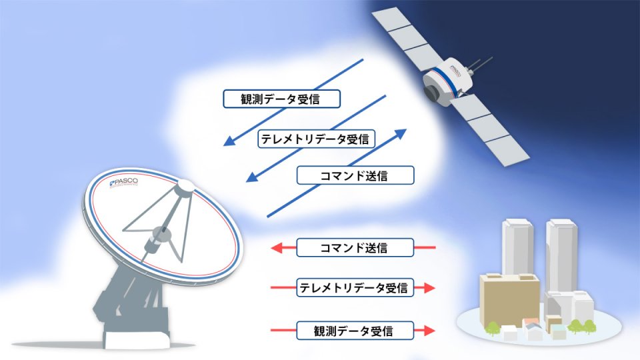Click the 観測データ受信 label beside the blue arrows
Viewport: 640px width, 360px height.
[281, 99]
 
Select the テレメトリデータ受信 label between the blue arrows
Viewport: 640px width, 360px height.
[316, 139]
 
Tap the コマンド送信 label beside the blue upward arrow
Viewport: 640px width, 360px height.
[355, 175]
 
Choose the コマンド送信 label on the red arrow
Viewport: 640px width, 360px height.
[355, 248]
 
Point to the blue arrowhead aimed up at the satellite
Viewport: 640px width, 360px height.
[399, 134]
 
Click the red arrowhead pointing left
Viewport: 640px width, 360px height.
[277, 248]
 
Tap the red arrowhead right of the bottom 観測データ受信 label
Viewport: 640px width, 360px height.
[429, 330]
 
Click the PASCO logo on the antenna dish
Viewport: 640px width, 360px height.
[124, 183]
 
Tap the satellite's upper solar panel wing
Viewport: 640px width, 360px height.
[409, 38]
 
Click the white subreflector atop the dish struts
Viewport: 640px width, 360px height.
[185, 187]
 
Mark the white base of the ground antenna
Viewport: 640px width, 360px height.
[136, 339]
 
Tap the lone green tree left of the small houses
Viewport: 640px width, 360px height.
[492, 328]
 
